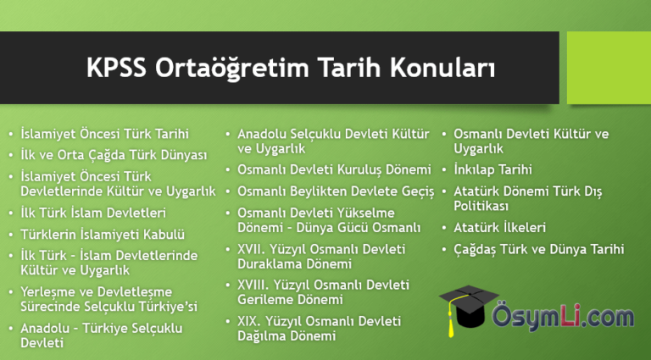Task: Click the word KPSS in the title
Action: [116, 68]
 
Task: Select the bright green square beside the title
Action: [609, 68]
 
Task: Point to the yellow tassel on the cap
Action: [452, 318]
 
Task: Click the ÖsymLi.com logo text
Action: [563, 318]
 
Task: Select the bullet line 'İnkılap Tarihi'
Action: [492, 169]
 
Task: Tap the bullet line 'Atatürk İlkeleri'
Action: [499, 227]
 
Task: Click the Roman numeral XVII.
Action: [253, 249]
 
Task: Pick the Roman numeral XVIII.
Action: [255, 285]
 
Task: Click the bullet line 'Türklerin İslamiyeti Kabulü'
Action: [103, 235]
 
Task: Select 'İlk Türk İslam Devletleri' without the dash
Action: [93, 213]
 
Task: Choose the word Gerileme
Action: [264, 300]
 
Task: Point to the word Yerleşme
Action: [49, 292]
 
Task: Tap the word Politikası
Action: [481, 206]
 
